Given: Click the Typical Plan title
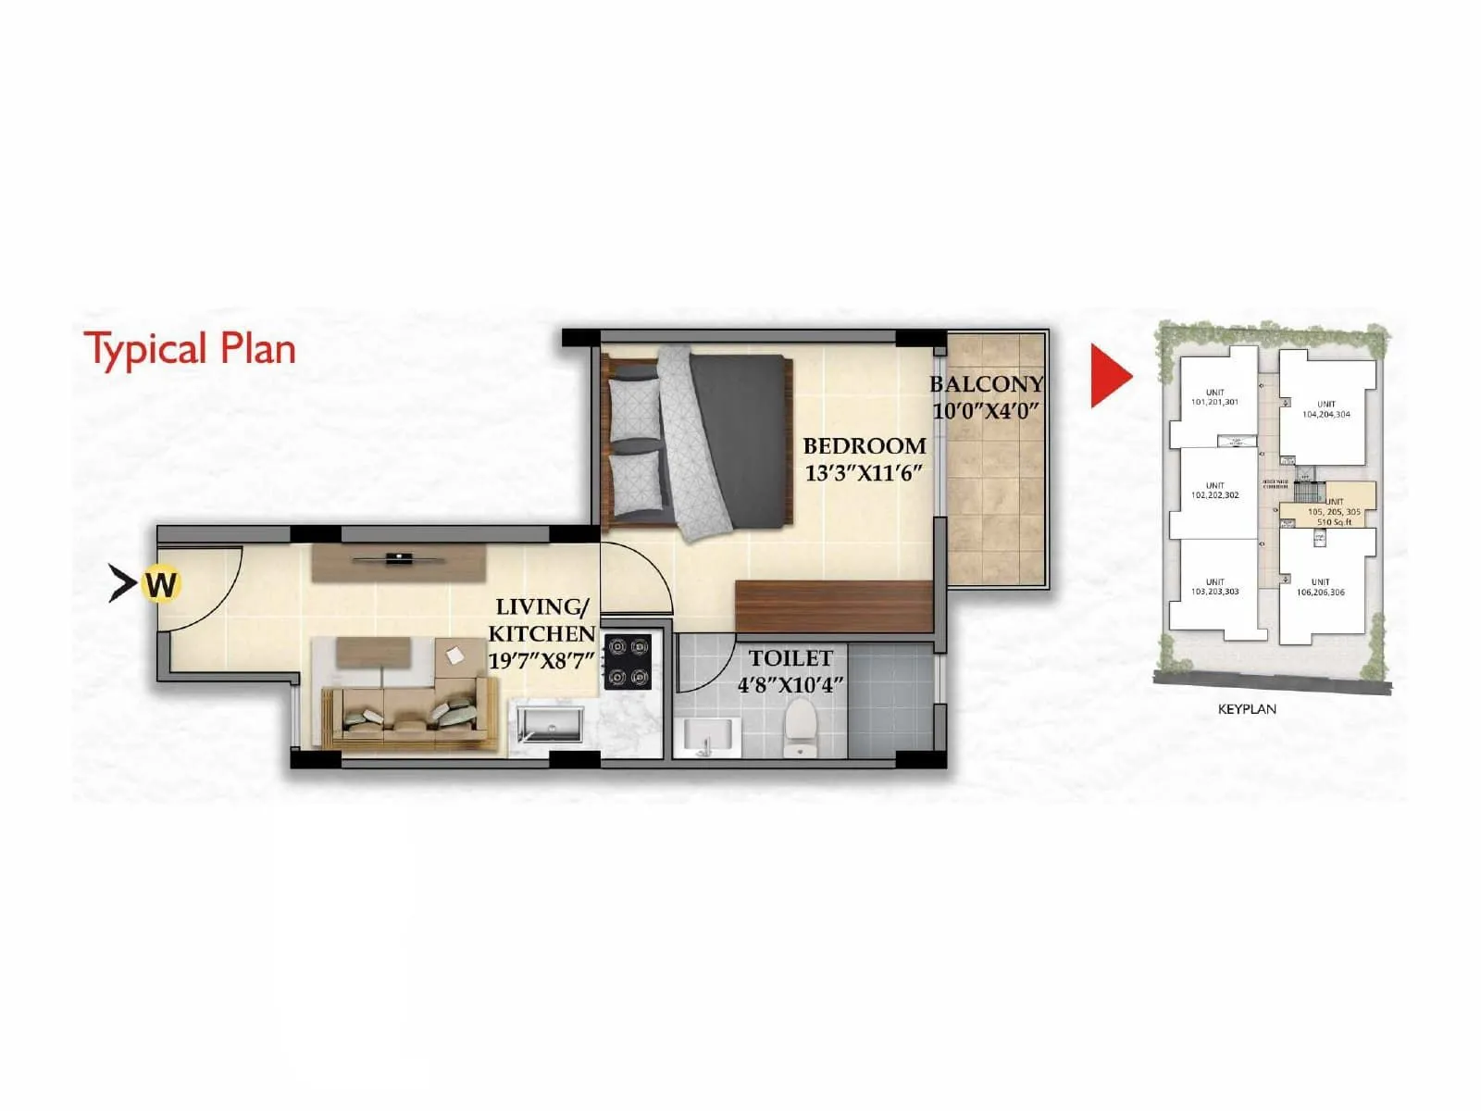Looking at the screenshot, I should [x=190, y=350].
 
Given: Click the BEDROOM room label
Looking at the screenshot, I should [x=865, y=445].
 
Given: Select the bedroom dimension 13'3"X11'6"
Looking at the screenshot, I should [x=865, y=473].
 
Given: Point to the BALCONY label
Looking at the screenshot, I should [x=987, y=383].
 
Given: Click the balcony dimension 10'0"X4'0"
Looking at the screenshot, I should [x=987, y=410].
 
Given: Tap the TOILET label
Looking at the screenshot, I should [x=790, y=658].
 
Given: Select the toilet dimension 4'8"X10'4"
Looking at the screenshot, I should [x=790, y=686].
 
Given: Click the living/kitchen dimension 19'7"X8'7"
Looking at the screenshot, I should [x=541, y=661].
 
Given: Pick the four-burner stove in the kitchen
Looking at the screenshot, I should [x=628, y=661].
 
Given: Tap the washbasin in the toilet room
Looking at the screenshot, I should [x=706, y=737].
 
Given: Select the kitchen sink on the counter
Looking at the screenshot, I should [x=550, y=723].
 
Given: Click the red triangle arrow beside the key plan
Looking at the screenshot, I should [x=1109, y=376].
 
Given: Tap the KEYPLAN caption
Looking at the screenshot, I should [x=1247, y=709].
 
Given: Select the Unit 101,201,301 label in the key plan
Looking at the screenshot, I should [x=1214, y=397].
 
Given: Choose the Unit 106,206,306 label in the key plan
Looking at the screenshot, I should [x=1321, y=587].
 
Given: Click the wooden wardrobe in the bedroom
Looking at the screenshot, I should [x=833, y=605].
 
